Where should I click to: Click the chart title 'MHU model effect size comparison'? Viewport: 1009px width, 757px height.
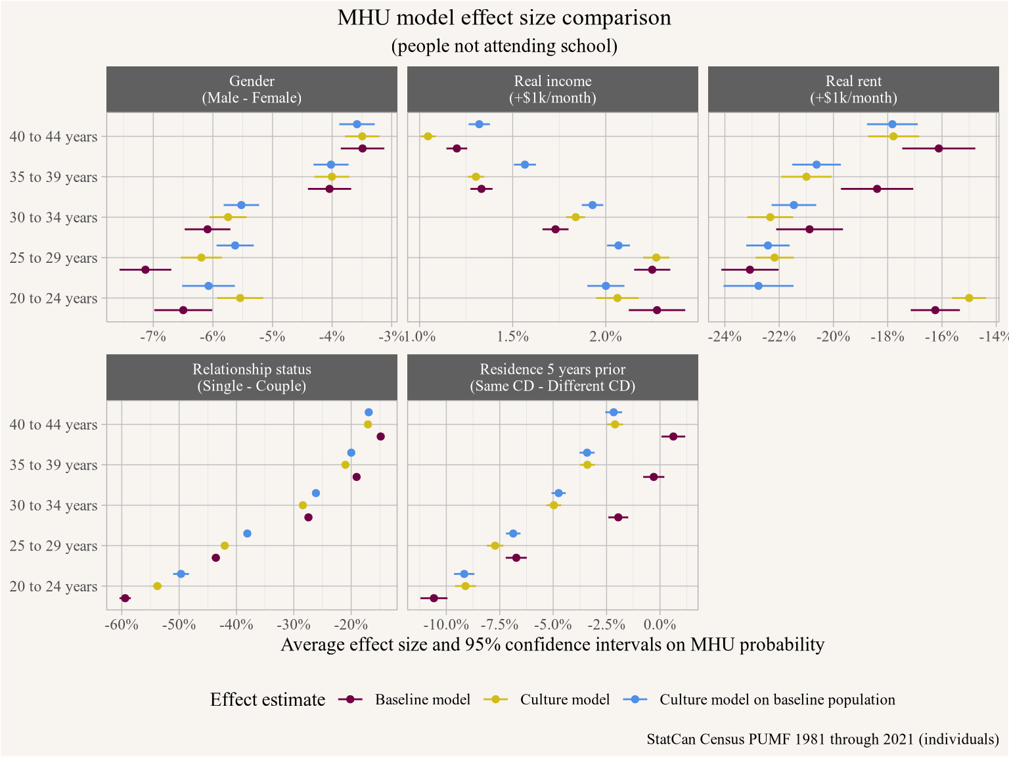click(x=504, y=18)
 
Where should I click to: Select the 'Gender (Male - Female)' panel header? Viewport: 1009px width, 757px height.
click(x=252, y=89)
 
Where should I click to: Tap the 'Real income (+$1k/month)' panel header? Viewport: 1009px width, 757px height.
click(x=552, y=89)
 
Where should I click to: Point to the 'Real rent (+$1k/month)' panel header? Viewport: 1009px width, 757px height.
click(x=853, y=89)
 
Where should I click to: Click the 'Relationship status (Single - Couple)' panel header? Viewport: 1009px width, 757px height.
click(x=252, y=377)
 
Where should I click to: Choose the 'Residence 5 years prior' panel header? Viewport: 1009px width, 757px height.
click(x=552, y=377)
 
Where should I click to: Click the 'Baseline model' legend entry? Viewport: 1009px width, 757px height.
click(x=422, y=700)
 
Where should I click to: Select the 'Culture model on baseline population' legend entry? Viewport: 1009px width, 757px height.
click(x=776, y=700)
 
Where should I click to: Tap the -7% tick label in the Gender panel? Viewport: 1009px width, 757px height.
click(x=152, y=337)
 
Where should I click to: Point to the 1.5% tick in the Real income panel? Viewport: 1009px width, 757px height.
click(x=513, y=337)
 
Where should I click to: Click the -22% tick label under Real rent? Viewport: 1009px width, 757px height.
click(x=779, y=337)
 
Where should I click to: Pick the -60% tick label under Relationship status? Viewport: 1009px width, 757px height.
click(x=122, y=625)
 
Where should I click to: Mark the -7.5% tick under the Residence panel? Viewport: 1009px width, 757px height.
click(x=499, y=625)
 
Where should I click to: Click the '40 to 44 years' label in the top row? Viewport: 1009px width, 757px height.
click(x=54, y=137)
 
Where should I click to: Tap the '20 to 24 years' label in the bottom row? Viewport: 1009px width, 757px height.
click(x=54, y=587)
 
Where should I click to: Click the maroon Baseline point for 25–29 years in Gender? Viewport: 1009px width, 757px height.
click(x=146, y=269)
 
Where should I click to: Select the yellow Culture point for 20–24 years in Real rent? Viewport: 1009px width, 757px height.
click(x=969, y=298)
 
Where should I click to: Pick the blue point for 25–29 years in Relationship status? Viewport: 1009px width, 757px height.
click(x=247, y=534)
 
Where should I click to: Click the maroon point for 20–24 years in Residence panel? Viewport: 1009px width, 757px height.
click(x=434, y=598)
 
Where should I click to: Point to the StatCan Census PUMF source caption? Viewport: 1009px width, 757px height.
click(x=822, y=739)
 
